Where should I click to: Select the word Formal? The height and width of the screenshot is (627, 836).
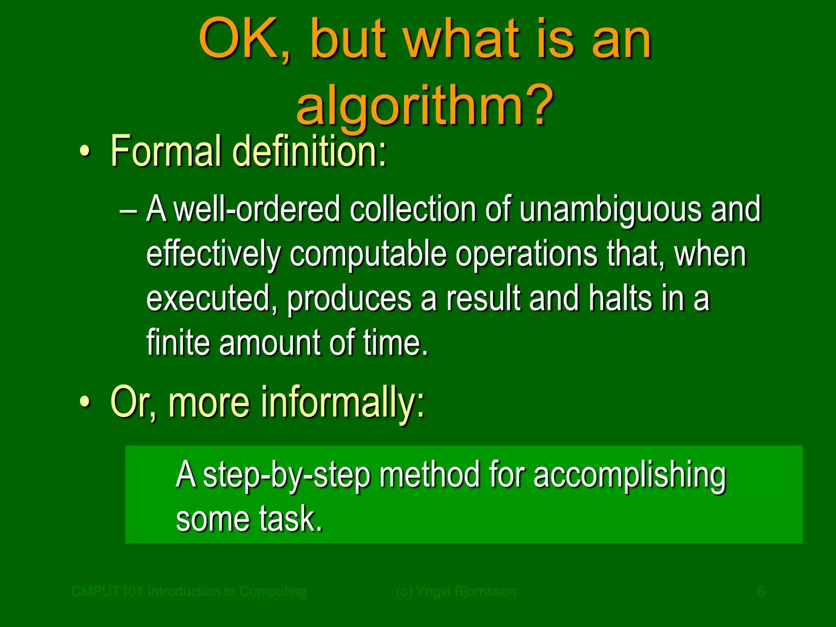click(x=166, y=151)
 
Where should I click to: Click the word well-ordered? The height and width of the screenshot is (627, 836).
click(x=257, y=210)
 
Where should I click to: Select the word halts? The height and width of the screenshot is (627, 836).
click(x=621, y=299)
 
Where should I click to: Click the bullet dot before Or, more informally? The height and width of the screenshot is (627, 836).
click(x=84, y=402)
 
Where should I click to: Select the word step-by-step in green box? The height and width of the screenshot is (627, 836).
click(x=286, y=476)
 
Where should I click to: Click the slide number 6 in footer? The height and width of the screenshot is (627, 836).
click(x=760, y=591)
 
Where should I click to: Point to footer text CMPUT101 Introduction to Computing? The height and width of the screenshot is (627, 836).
click(x=189, y=591)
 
